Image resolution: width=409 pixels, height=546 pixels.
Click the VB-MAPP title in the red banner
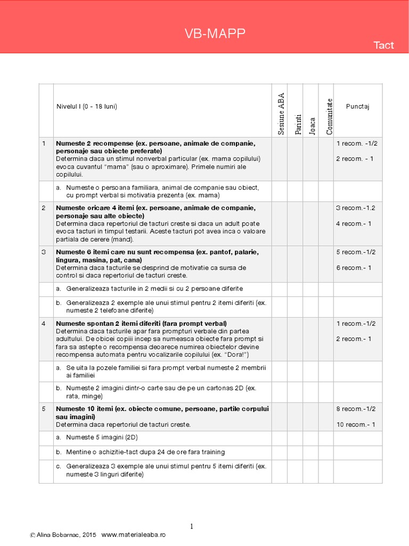(215, 35)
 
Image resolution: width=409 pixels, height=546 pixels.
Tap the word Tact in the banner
(383, 45)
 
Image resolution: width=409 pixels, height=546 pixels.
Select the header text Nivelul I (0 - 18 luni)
(87, 106)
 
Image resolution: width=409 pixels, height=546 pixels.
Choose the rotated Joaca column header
(312, 125)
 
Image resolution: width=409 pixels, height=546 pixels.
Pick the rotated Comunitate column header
(329, 116)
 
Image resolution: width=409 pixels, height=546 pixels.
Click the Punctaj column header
(357, 106)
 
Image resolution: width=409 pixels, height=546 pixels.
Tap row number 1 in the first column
(44, 143)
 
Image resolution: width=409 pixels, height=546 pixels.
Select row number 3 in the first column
(44, 252)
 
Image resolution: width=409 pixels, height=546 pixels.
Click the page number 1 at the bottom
(192, 527)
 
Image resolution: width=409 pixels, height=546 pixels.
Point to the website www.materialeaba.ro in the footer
(133, 535)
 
